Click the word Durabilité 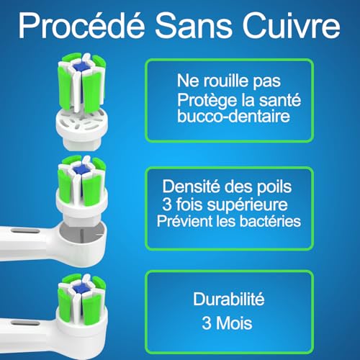229,297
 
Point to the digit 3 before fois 190,204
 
